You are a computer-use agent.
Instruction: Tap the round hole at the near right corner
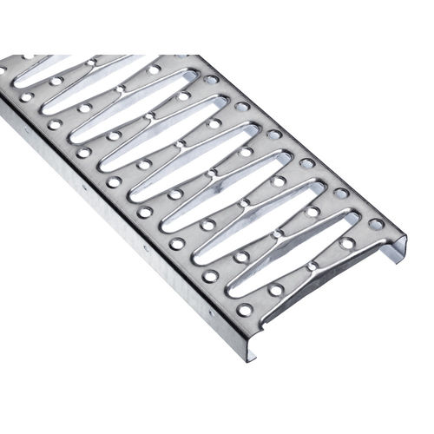tap(375, 224)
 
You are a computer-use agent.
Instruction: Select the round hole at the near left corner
tap(245, 309)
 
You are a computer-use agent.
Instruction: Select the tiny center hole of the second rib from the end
tap(278, 233)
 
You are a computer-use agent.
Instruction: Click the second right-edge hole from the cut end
tap(342, 193)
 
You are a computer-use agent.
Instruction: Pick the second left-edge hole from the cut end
tap(211, 276)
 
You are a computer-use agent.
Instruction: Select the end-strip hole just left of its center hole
tap(275, 290)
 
